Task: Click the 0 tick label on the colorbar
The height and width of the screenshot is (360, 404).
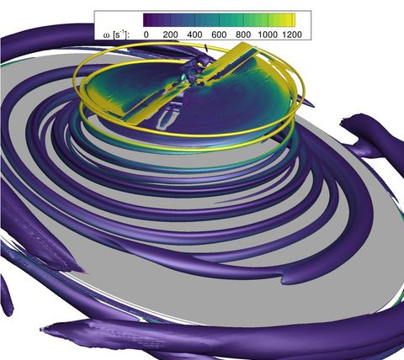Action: click(x=146, y=34)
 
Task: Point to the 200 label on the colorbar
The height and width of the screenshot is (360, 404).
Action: click(x=171, y=34)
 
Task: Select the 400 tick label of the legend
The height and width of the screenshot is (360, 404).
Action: click(x=194, y=34)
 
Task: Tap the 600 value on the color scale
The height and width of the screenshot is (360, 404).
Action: click(x=219, y=34)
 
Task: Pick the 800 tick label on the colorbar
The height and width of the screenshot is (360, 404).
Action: click(x=243, y=34)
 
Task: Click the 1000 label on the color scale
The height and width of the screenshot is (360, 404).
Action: click(x=268, y=34)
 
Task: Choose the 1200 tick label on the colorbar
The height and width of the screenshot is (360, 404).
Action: click(x=292, y=34)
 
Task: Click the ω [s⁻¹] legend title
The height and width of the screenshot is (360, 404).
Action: click(x=116, y=34)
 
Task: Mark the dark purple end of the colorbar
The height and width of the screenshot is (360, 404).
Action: click(x=146, y=20)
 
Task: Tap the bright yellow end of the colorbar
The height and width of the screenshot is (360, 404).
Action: click(x=293, y=20)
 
